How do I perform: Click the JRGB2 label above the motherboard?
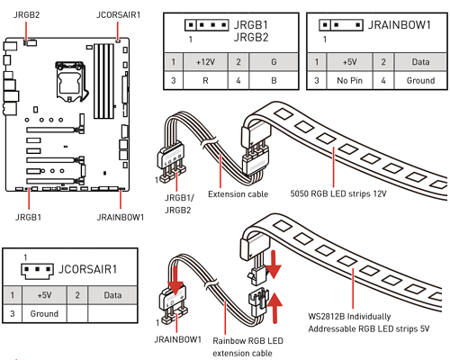point(26,14)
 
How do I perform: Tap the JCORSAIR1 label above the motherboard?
point(118,14)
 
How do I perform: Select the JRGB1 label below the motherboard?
point(28,217)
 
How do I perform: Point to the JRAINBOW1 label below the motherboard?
point(121,217)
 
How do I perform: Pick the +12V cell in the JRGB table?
point(205,62)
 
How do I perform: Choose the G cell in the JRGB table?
point(274,62)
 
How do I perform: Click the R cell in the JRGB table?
point(205,80)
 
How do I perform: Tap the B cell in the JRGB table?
point(274,80)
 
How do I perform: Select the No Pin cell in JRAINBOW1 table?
point(349,80)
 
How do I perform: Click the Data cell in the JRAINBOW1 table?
point(420,62)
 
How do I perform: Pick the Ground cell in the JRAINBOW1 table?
point(420,80)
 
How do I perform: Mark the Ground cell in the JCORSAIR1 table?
point(44,314)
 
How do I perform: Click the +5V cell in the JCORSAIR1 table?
point(44,295)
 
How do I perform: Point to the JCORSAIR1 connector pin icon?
point(37,271)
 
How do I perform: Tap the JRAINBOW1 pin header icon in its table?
point(341,25)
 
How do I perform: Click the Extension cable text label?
point(238,194)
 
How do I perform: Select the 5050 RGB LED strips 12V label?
point(338,193)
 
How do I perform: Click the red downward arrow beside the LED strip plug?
point(273,265)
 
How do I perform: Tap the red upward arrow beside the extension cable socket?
point(274,309)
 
